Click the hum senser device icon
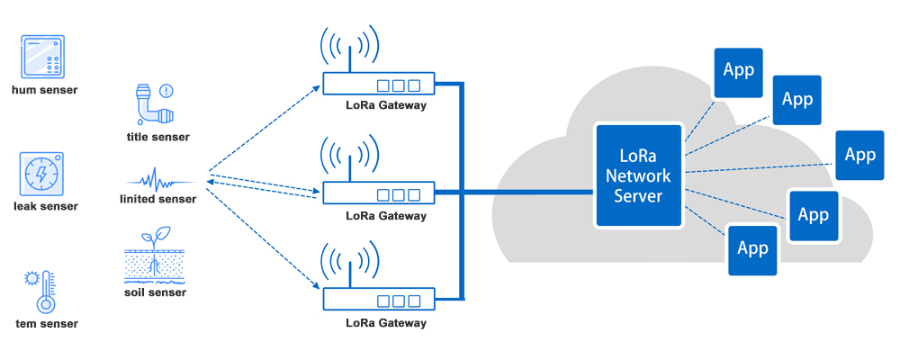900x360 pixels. click(x=43, y=58)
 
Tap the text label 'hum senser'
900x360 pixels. click(x=44, y=90)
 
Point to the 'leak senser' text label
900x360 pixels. click(x=45, y=206)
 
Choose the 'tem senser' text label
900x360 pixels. click(x=47, y=323)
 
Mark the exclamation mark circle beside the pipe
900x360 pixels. click(x=166, y=91)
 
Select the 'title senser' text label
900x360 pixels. click(x=158, y=137)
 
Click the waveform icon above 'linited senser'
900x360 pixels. click(x=157, y=175)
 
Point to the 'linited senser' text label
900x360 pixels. click(x=157, y=199)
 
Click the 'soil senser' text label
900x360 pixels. click(x=156, y=292)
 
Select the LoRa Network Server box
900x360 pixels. click(x=638, y=175)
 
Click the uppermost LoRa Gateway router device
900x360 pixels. click(x=377, y=85)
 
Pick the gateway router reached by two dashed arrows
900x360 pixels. click(x=377, y=193)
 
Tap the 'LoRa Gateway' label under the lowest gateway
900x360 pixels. click(x=386, y=322)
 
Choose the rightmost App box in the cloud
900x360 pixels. click(x=859, y=156)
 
